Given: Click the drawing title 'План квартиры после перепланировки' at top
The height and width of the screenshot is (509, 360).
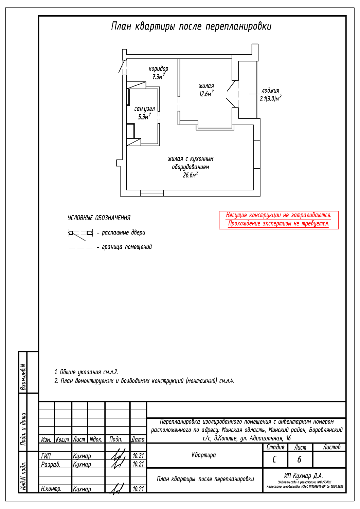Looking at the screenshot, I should (191, 26).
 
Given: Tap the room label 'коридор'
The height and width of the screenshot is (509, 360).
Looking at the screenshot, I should (158, 69).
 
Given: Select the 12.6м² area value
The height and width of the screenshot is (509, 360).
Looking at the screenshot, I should (206, 94).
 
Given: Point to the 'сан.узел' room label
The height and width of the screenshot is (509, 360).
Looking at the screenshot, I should (144, 109).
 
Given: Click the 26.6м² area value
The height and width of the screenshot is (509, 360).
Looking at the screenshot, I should (190, 175).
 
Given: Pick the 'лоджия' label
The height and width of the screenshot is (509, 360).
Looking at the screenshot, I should (270, 91).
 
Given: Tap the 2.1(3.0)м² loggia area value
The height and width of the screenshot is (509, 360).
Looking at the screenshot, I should (270, 99).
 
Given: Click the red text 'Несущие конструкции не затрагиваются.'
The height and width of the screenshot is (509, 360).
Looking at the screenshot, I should (278, 215).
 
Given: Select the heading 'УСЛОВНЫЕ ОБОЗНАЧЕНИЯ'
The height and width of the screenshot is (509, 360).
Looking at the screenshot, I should (99, 218).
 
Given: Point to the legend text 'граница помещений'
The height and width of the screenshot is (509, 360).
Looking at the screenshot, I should (127, 247).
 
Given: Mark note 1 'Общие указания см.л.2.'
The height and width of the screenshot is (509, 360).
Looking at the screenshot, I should (86, 372).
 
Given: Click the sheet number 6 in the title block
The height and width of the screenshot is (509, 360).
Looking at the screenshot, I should (299, 459).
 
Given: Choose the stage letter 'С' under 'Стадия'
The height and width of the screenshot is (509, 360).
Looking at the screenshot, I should (274, 459).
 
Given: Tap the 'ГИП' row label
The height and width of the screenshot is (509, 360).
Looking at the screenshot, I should (46, 456).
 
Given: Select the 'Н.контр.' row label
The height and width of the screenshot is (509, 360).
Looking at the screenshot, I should (51, 489).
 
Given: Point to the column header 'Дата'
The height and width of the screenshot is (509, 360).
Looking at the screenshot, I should (138, 439).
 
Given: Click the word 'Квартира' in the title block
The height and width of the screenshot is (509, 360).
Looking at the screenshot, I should (204, 455).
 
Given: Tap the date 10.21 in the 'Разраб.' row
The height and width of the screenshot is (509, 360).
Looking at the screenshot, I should (138, 464).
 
